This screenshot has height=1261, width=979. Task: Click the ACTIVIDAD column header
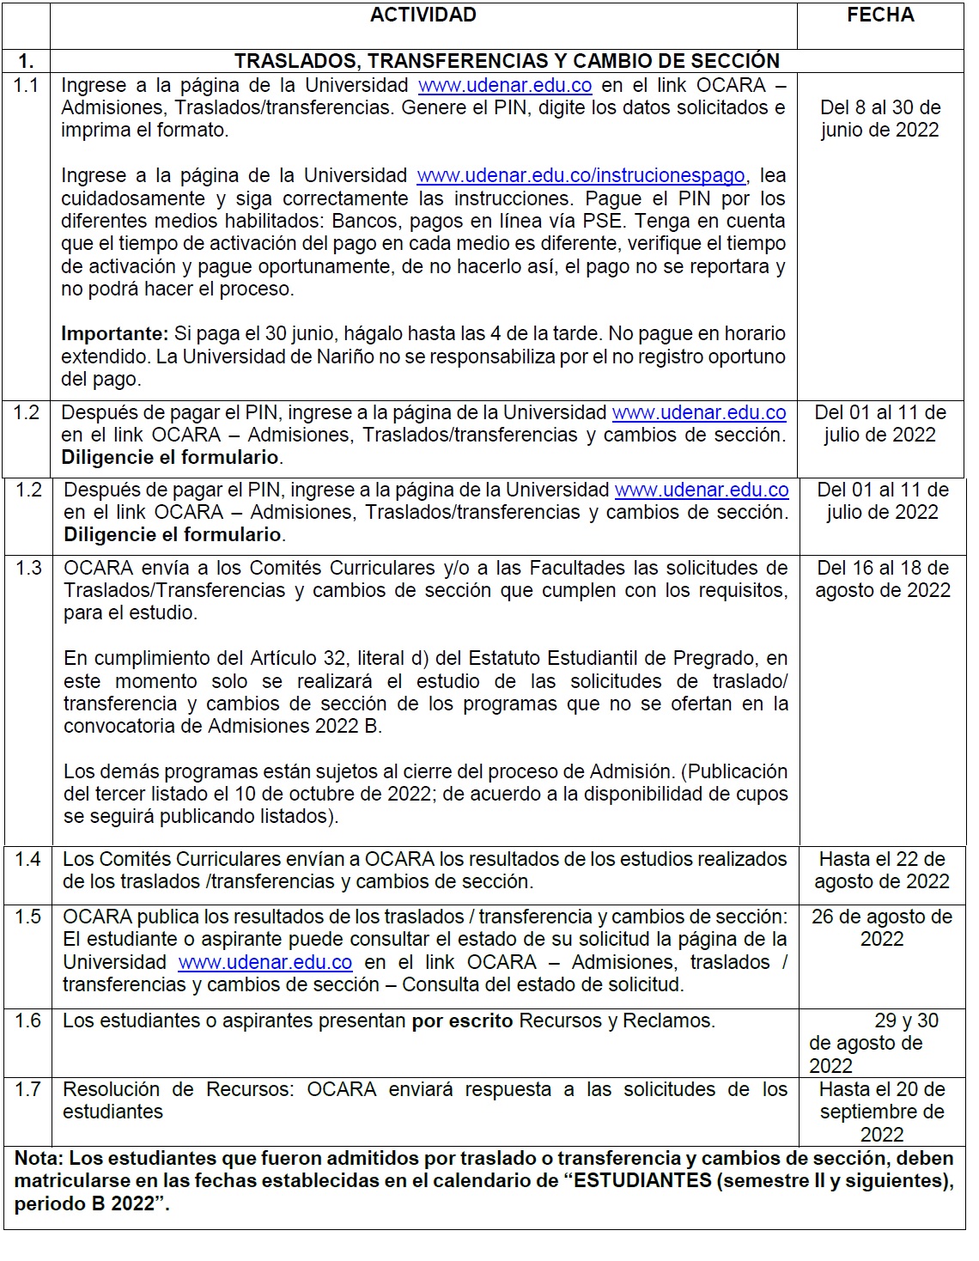click(x=423, y=15)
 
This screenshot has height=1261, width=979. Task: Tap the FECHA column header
click(x=880, y=15)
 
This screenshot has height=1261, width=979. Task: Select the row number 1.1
click(x=26, y=85)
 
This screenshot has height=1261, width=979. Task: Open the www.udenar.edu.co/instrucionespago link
click(x=581, y=176)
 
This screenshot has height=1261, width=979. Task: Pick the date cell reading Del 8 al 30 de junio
click(x=880, y=119)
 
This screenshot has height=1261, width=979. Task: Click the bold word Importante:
click(x=114, y=333)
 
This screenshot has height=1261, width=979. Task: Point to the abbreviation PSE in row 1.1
click(x=603, y=221)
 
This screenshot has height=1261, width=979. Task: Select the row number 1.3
click(x=28, y=568)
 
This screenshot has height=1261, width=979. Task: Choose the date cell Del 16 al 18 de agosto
click(x=883, y=579)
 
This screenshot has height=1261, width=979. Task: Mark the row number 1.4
click(x=27, y=859)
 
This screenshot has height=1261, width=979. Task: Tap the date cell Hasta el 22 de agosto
click(x=882, y=870)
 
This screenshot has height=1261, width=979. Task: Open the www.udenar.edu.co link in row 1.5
click(x=265, y=962)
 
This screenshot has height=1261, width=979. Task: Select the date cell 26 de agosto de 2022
click(x=882, y=928)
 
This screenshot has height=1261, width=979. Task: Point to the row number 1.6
click(x=27, y=1020)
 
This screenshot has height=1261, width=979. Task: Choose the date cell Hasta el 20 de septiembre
click(x=882, y=1112)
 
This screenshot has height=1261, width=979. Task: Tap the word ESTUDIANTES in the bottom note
click(x=642, y=1181)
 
